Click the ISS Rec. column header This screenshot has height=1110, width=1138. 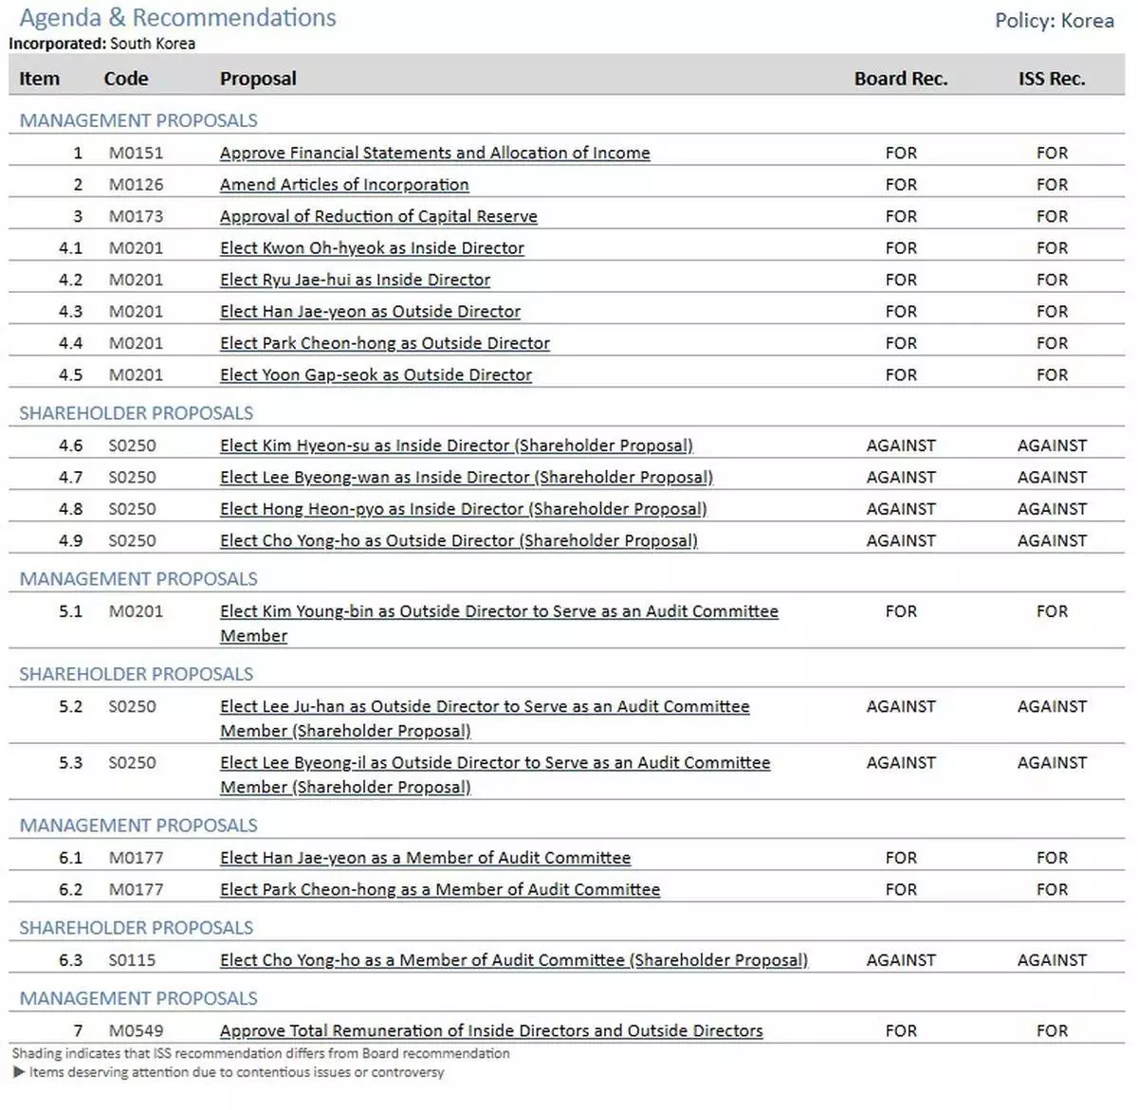(x=1051, y=79)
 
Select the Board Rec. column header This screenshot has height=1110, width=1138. (x=900, y=79)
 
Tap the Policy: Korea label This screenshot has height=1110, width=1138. (x=1054, y=21)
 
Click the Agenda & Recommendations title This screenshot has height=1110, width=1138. (x=177, y=18)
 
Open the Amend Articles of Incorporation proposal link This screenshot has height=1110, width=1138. (x=344, y=185)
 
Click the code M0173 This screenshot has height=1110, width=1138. (x=136, y=216)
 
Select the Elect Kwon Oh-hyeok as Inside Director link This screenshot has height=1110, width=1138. (x=372, y=248)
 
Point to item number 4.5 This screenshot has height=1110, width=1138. (x=70, y=375)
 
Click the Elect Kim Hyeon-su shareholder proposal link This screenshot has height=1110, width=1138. (x=456, y=446)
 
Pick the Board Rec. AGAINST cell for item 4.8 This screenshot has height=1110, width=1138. (x=900, y=509)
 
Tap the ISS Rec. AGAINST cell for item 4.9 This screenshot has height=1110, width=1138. (x=1052, y=541)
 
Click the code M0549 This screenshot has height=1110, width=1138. (x=136, y=1030)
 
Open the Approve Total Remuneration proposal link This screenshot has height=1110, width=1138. (x=491, y=1030)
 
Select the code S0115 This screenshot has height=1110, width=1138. (x=132, y=960)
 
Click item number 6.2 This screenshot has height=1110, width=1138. (x=70, y=890)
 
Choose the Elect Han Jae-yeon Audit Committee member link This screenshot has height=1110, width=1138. (x=425, y=858)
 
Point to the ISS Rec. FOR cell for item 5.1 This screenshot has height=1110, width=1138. (x=1052, y=611)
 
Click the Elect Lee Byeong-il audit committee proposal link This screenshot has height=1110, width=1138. (x=495, y=763)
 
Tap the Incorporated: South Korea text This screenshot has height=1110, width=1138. (x=102, y=44)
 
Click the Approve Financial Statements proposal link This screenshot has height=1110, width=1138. (x=434, y=154)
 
